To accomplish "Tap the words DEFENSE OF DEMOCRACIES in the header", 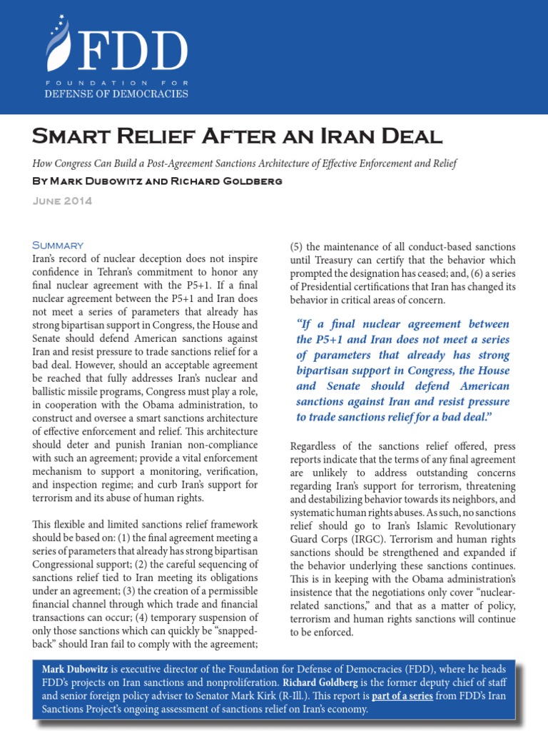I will point(116,94).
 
